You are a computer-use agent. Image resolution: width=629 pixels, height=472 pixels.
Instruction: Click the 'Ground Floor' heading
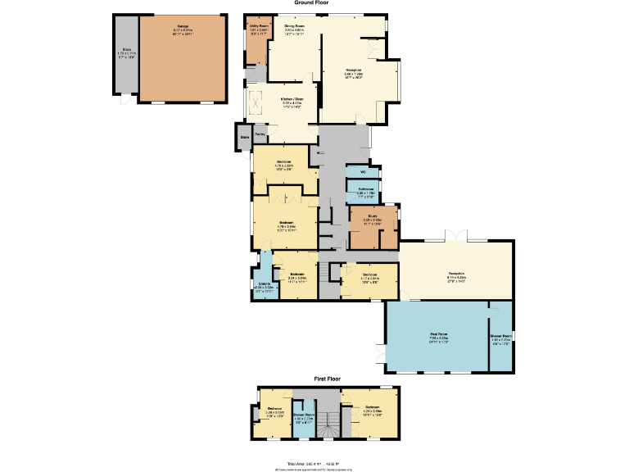[312, 3]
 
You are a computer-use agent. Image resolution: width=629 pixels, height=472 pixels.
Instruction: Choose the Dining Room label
[295, 28]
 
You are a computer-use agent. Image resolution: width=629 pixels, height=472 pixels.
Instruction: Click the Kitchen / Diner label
[281, 101]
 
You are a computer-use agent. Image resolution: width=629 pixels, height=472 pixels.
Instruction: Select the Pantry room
[260, 134]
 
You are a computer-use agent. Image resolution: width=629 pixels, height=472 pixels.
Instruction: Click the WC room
[362, 172]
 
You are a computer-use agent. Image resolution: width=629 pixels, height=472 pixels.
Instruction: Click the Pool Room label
[439, 334]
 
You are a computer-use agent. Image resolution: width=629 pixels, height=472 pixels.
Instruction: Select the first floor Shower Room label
[304, 415]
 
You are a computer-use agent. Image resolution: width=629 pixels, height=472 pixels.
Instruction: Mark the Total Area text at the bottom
[314, 463]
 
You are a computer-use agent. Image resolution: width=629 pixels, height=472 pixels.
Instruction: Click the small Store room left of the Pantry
[243, 138]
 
